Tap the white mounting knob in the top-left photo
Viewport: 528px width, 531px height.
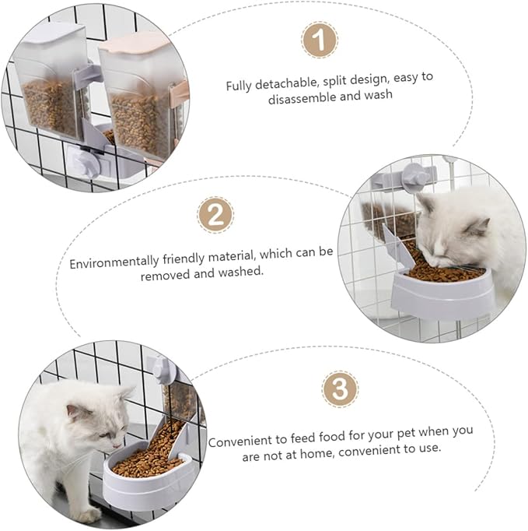pos(82,163)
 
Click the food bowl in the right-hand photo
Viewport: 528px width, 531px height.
pos(442,288)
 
